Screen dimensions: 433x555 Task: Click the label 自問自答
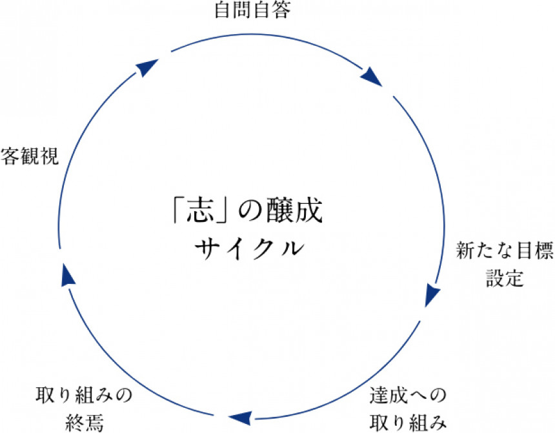pyautogui.click(x=248, y=11)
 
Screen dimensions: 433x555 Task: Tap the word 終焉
pyautogui.click(x=84, y=421)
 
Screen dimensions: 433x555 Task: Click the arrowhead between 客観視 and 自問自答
pyautogui.click(x=148, y=66)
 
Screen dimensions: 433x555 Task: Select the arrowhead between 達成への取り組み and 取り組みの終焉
pyautogui.click(x=240, y=416)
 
